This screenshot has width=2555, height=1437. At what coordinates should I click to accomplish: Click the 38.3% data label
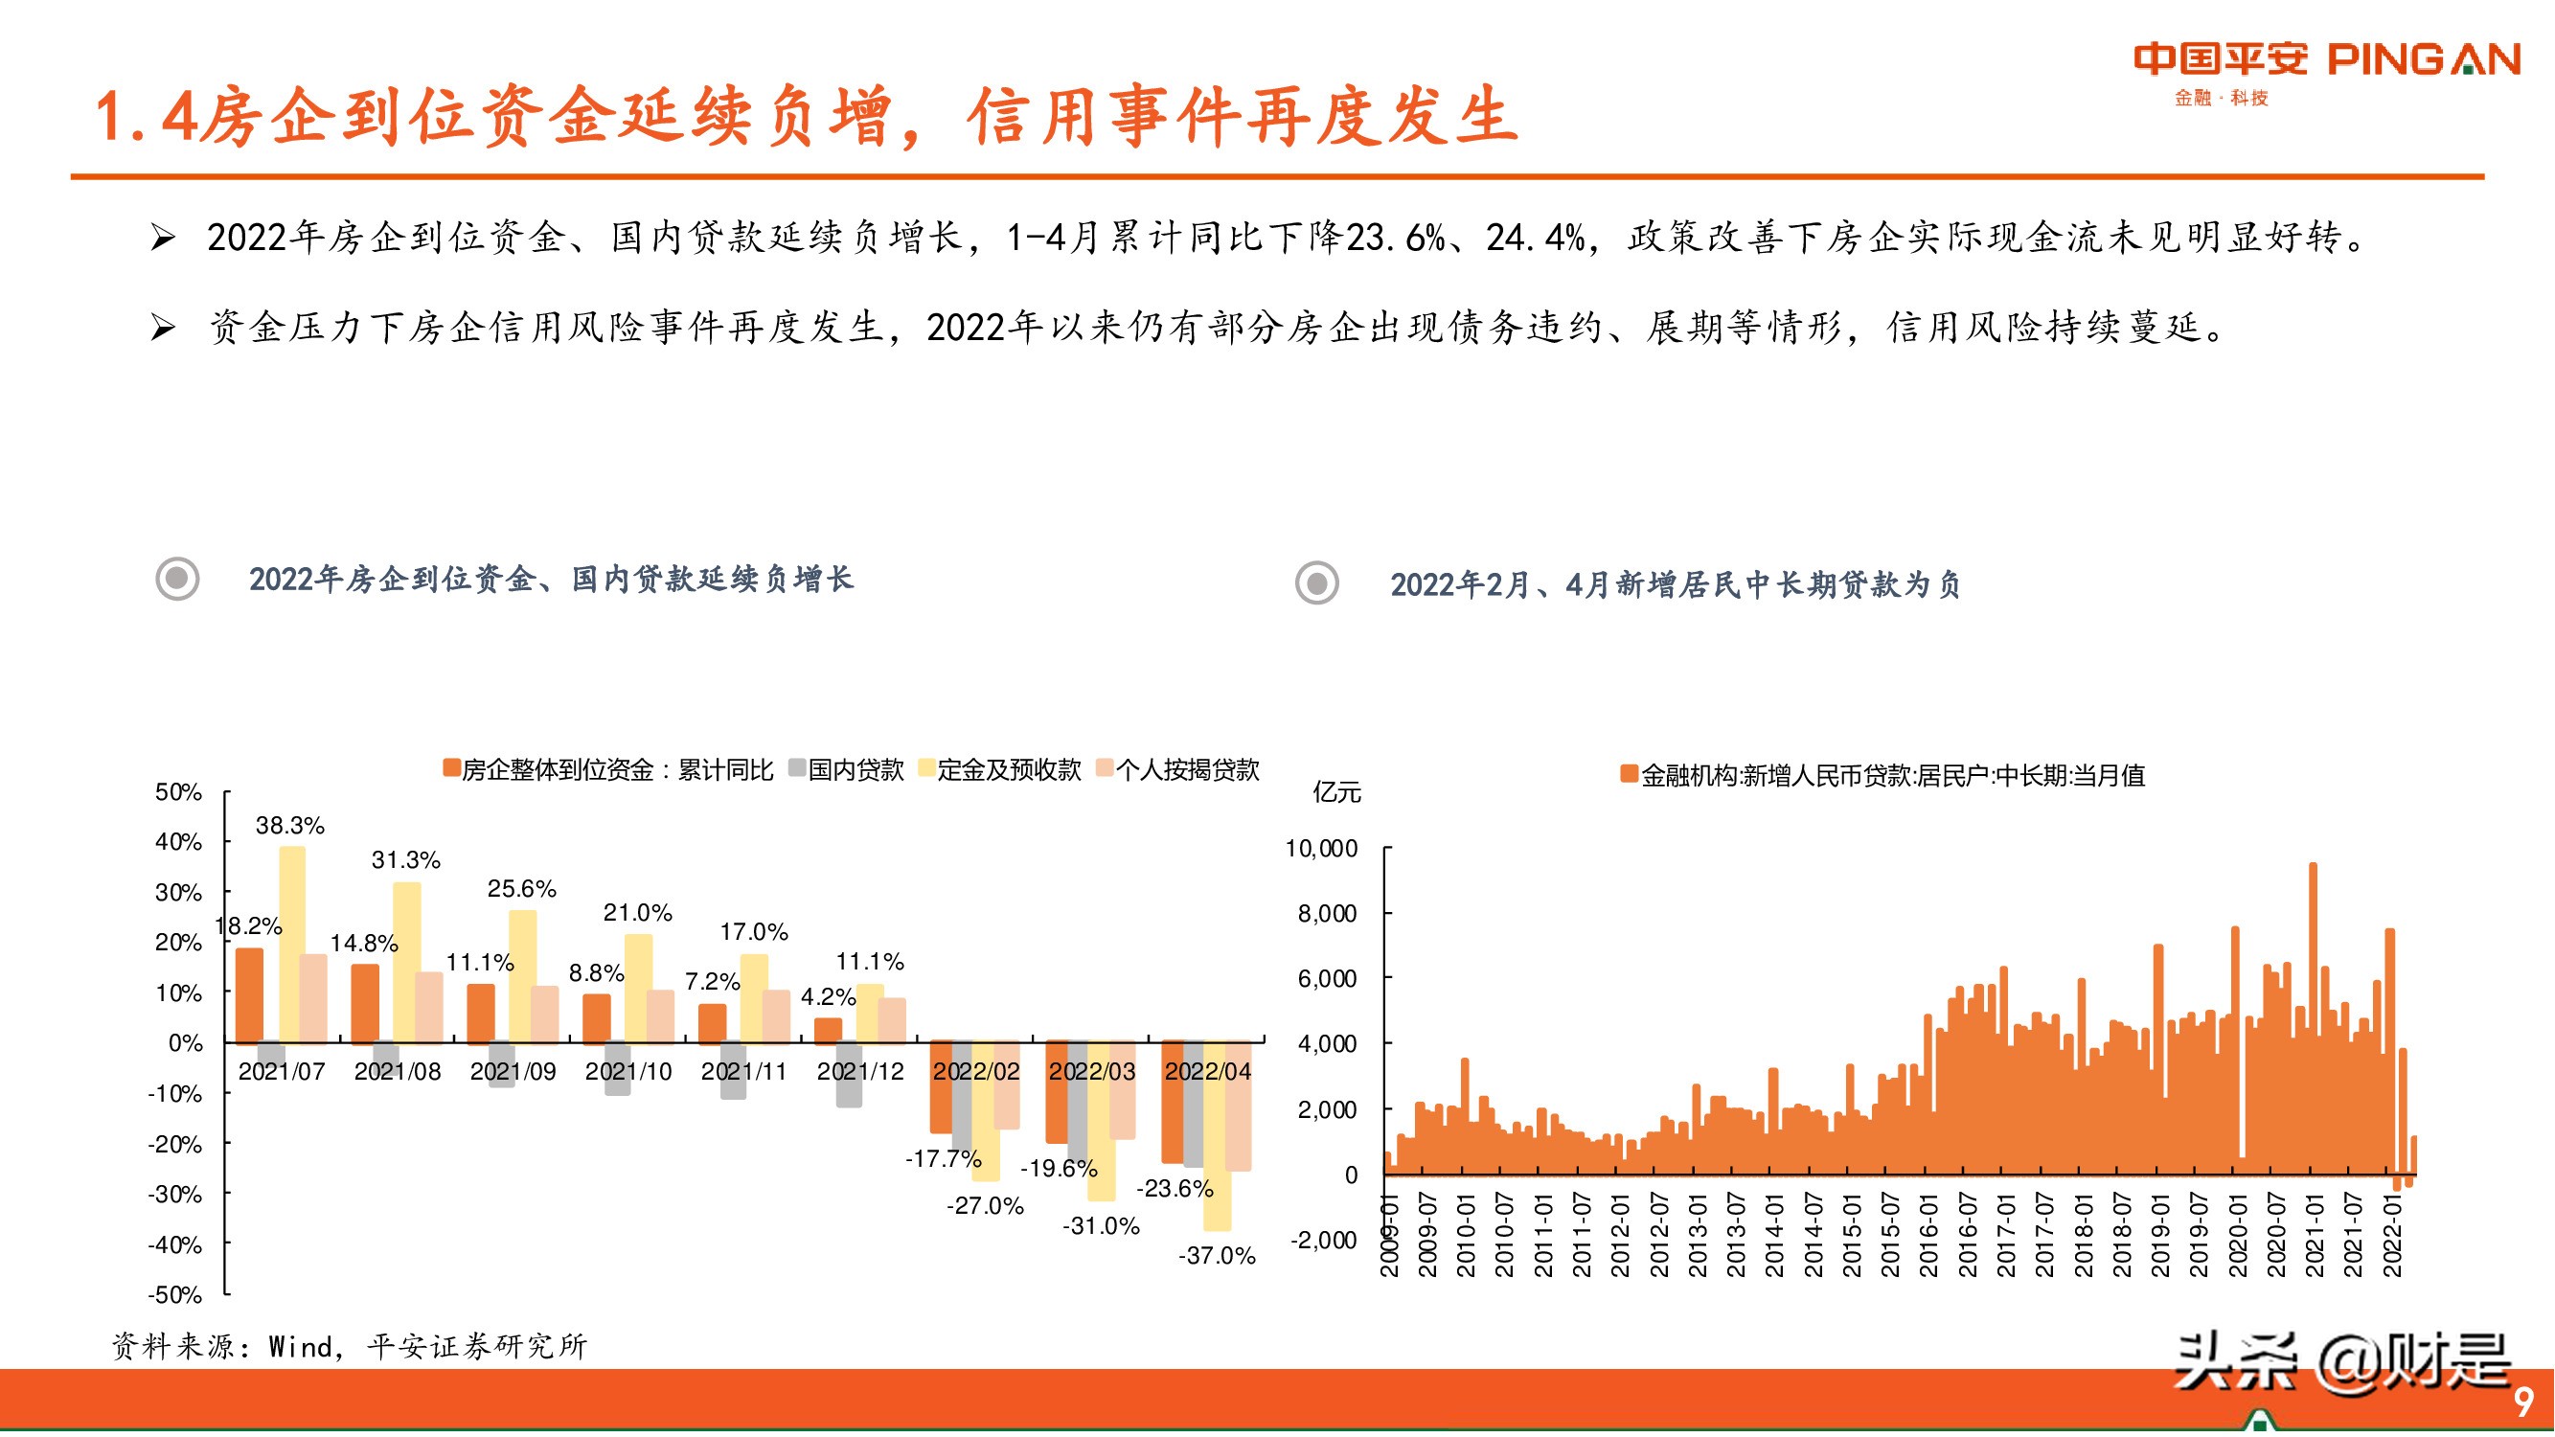(289, 825)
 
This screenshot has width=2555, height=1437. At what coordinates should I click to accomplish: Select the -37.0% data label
(1216, 1256)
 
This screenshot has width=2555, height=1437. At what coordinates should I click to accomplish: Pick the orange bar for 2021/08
(365, 1003)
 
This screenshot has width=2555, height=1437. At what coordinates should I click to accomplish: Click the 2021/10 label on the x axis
(627, 1072)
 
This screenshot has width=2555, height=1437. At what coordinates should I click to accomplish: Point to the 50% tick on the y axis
(178, 792)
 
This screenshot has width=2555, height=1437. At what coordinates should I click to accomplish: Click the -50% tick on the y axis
(174, 1295)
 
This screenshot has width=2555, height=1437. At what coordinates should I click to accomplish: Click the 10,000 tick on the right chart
(1321, 849)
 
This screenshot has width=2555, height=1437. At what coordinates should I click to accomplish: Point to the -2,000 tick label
(1323, 1240)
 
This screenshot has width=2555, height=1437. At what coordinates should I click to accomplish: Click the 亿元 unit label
(1336, 792)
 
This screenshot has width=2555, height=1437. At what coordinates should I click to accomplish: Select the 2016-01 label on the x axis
(1928, 1236)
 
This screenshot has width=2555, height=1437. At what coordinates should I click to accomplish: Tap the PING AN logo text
(2423, 60)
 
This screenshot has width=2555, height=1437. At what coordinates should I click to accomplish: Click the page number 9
(2523, 1402)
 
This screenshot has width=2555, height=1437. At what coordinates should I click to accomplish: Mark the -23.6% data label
(1175, 1188)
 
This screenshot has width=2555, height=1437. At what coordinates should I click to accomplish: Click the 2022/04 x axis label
(1207, 1072)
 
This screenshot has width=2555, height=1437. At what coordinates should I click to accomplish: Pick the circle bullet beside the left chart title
(177, 579)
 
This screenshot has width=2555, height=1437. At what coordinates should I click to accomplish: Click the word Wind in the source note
(301, 1347)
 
